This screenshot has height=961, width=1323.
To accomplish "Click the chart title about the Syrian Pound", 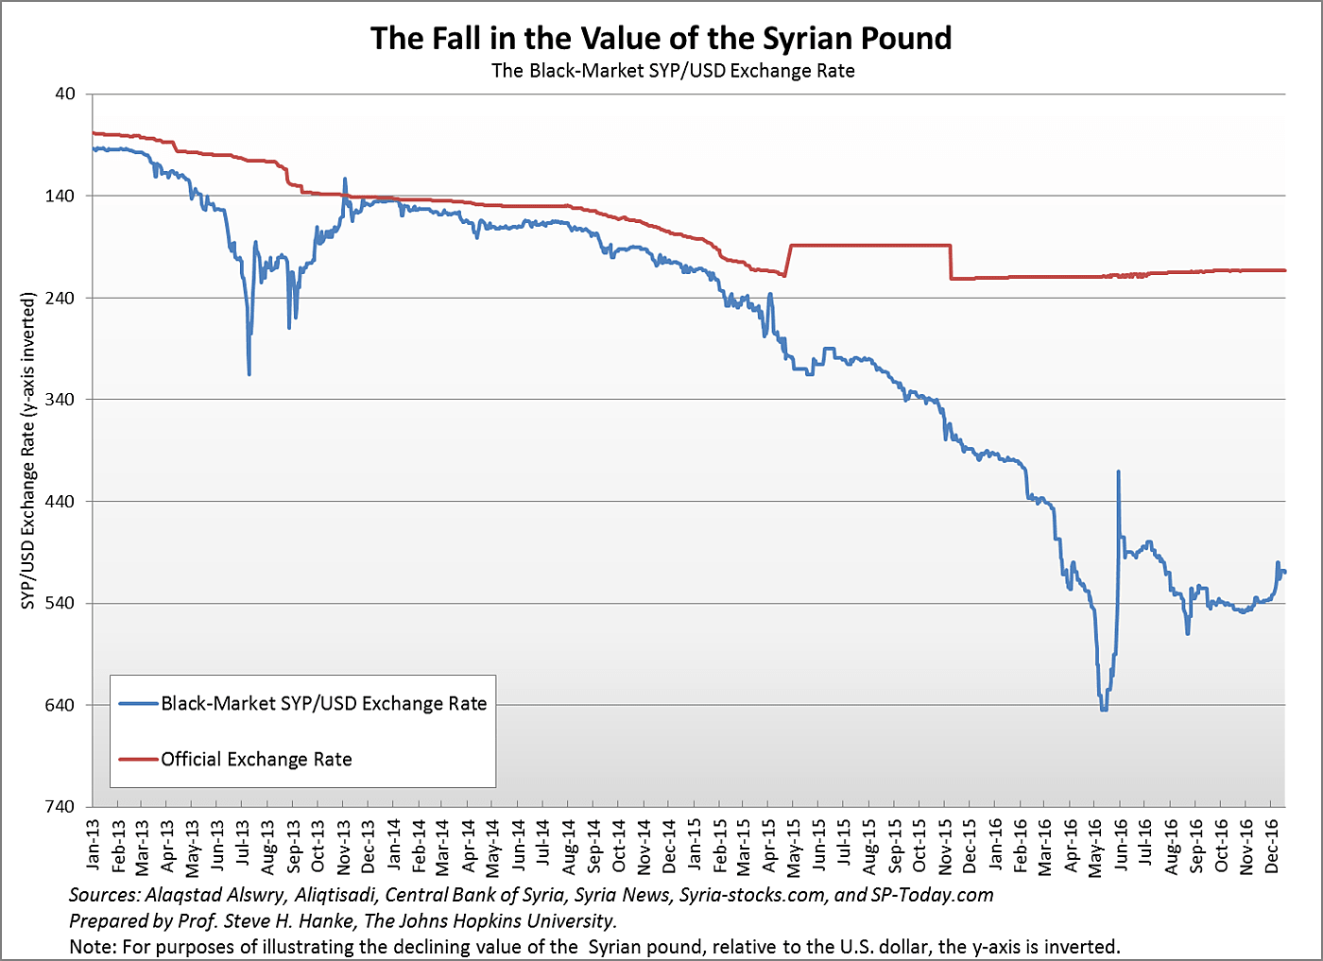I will [661, 39].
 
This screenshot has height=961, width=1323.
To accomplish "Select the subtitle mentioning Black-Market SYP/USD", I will [673, 71].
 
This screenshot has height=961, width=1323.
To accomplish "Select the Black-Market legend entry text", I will [323, 704].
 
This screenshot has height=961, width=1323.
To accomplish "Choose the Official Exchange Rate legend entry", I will [256, 760].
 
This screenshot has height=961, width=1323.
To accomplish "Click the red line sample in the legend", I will [139, 759].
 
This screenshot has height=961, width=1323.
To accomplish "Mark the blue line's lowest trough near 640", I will [1103, 709].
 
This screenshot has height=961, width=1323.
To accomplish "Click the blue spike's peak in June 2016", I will [1119, 471].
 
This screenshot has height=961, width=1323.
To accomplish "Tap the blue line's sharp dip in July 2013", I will [249, 374].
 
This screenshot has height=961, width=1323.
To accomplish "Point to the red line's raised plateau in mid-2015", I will [869, 245].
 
